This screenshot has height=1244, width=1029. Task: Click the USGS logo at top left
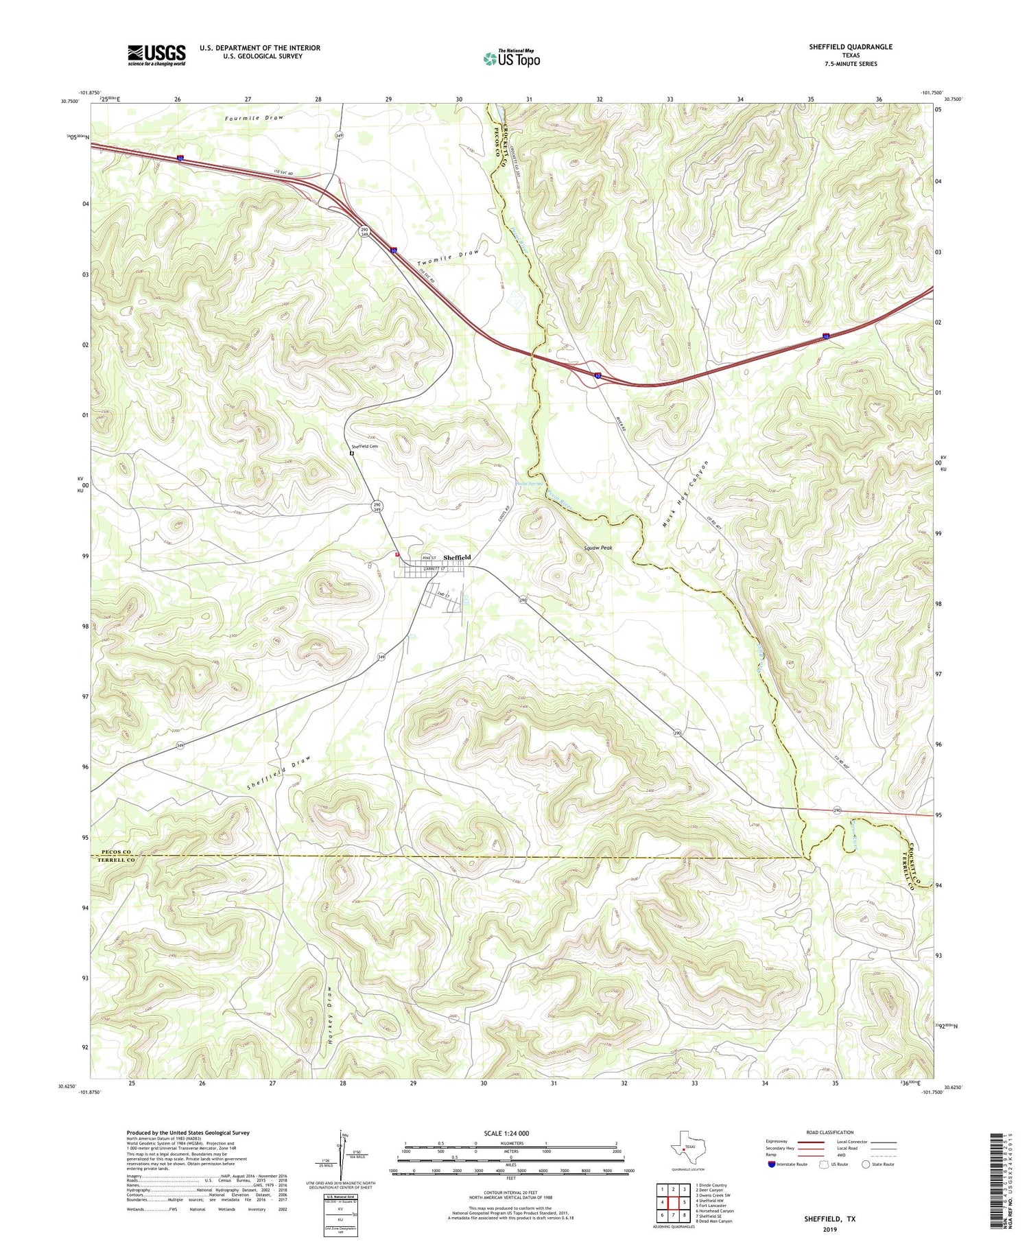[x=156, y=55]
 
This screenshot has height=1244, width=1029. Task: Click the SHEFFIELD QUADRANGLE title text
[x=851, y=47]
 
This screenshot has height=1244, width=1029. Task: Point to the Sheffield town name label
[x=457, y=558]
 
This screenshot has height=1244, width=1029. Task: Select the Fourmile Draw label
[x=254, y=118]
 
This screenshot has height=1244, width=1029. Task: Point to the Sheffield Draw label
[x=279, y=773]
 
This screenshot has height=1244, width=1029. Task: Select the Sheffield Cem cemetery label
[x=365, y=447]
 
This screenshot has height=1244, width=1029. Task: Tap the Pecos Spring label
[x=529, y=483]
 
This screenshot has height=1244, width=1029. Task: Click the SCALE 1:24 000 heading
[x=510, y=1133]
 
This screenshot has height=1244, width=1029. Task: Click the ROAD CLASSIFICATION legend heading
[x=829, y=1132]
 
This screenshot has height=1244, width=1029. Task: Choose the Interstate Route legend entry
[x=788, y=1164]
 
